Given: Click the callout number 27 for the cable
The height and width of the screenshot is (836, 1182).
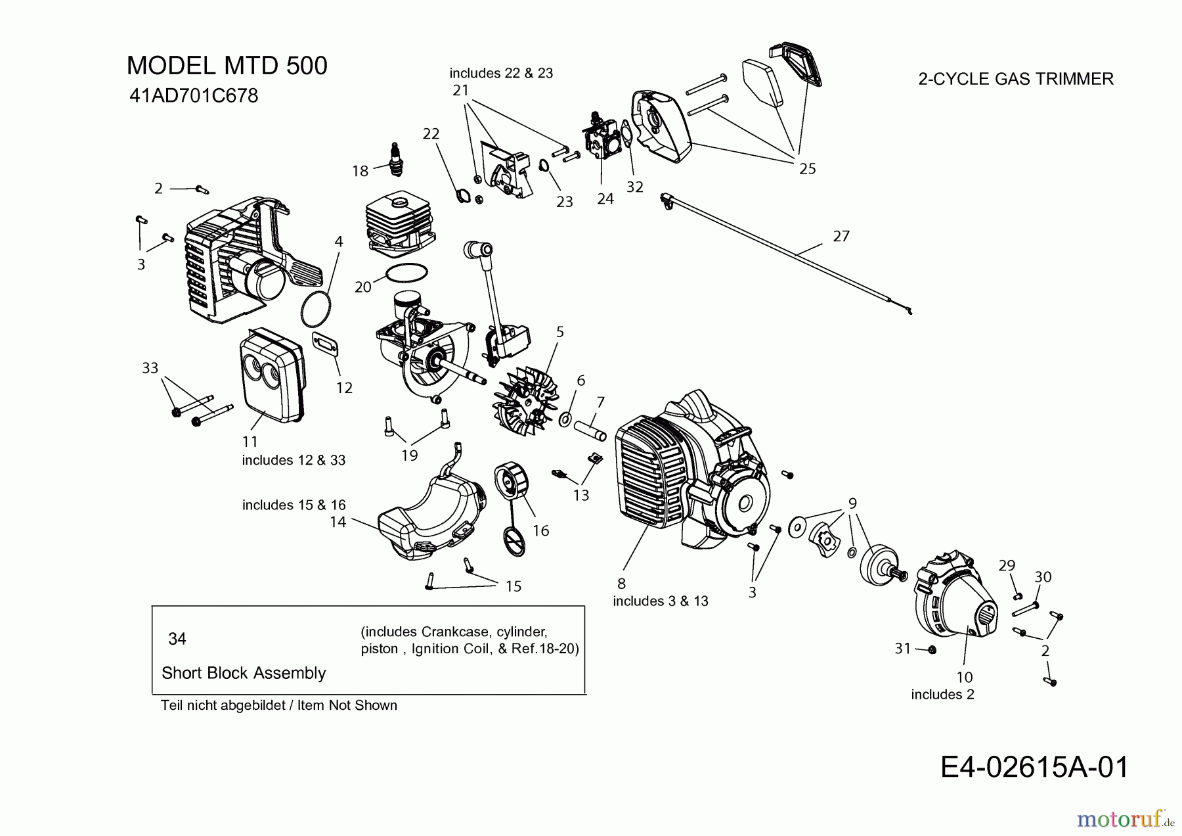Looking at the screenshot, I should point(841,235).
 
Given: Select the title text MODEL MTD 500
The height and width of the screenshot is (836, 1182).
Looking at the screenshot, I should point(227,66).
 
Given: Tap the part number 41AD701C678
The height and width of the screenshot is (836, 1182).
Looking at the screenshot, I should point(194,96).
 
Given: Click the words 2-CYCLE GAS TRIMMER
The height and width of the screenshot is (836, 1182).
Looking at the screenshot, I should point(1015,79).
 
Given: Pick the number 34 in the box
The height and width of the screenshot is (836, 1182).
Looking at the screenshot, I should point(177,638).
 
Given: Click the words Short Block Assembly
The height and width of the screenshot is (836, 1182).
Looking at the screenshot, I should point(244,672).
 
